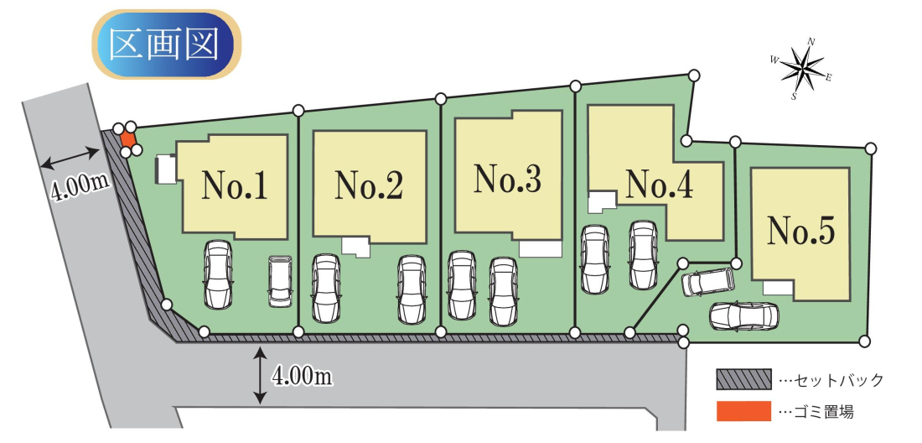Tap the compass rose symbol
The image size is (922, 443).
pos(802,70)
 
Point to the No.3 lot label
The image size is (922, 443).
pos(507,180)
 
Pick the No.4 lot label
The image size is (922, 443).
pos(660,184)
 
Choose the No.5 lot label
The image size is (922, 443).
pos(802,231)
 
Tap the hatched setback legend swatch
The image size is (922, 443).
pos(742,379)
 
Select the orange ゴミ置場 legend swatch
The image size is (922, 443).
pos(742,411)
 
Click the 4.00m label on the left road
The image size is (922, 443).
pos(81,185)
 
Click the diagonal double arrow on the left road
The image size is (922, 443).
pos(69,156)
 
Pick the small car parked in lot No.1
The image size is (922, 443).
pos(280,280)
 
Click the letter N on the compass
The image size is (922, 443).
pos(811,41)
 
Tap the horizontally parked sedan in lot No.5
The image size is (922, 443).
pos(743,316)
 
